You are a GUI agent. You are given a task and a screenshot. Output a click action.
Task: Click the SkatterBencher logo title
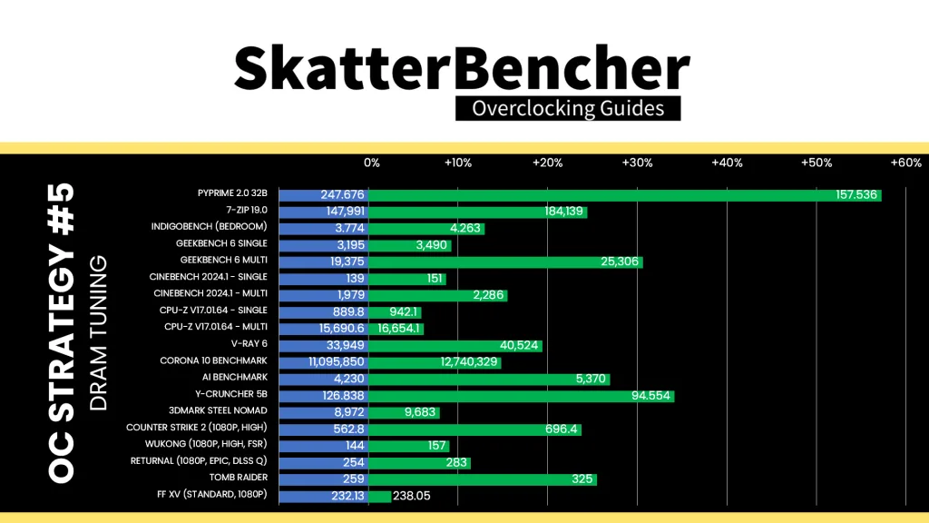(x=462, y=68)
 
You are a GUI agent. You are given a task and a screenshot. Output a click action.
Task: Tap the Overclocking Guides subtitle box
(x=568, y=109)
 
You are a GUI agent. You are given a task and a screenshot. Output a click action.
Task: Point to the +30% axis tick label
(x=637, y=163)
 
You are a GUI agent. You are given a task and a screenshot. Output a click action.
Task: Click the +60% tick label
(x=906, y=163)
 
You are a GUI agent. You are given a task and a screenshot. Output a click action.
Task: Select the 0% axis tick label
(x=371, y=163)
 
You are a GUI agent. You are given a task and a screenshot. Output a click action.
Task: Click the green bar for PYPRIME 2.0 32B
(x=625, y=195)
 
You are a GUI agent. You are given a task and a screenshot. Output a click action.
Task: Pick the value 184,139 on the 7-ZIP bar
(x=563, y=211)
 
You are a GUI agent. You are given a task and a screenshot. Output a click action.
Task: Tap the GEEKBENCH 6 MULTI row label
(x=224, y=260)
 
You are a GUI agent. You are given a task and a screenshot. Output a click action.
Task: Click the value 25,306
(x=619, y=261)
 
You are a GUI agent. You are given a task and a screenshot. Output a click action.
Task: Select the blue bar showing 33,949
(x=324, y=345)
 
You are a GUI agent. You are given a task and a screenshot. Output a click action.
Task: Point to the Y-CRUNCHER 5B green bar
(x=522, y=396)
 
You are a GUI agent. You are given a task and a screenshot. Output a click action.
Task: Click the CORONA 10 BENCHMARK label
(x=213, y=360)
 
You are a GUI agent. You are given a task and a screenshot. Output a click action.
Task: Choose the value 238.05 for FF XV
(x=411, y=496)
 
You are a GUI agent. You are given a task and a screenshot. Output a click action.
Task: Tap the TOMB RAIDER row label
(x=239, y=478)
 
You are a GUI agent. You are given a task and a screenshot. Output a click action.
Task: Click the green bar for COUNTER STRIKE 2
(x=474, y=429)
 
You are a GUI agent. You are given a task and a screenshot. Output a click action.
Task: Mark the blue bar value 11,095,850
(x=337, y=361)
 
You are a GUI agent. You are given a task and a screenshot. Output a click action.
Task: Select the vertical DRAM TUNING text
(x=98, y=333)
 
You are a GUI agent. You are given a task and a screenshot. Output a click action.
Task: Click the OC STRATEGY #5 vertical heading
(x=61, y=333)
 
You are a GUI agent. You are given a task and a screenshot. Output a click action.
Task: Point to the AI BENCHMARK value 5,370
(x=590, y=379)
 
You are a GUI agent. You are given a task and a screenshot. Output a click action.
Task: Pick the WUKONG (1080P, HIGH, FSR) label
(x=206, y=443)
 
